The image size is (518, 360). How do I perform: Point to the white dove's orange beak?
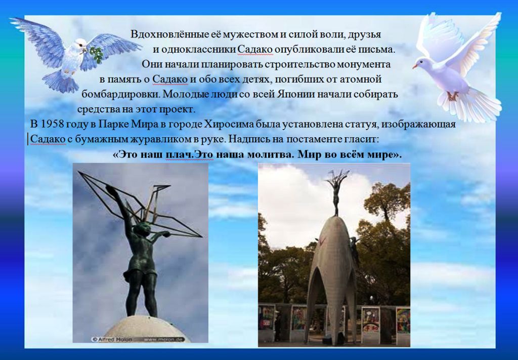point(415,66)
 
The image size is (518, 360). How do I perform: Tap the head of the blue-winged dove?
point(80,44)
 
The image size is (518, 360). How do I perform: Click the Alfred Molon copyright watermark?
point(112,339)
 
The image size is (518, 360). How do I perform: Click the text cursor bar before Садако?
point(28,139)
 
